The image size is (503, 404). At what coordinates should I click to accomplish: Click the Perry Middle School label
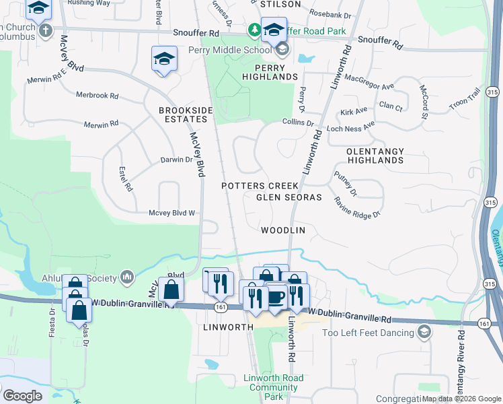point(235,50)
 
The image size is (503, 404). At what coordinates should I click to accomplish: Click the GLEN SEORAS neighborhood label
point(289,197)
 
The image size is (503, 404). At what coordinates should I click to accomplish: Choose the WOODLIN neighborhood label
point(283,230)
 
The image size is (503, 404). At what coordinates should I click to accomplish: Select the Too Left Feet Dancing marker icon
point(424,331)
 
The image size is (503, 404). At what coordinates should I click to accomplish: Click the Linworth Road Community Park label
point(273,387)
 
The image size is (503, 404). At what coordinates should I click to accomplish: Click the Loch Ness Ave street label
point(350,127)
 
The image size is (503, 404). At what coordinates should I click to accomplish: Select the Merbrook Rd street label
point(97,96)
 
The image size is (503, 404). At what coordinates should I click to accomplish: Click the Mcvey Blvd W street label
point(172,213)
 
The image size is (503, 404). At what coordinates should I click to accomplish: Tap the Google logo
point(22,395)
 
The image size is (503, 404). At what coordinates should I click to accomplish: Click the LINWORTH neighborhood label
point(227,327)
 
